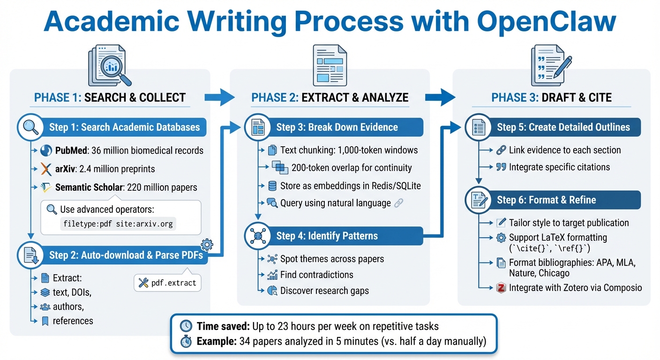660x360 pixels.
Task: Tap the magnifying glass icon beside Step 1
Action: (31, 127)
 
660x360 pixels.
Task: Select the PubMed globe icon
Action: (46, 150)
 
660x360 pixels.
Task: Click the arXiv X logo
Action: (46, 169)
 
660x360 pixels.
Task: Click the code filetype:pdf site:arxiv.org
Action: (118, 224)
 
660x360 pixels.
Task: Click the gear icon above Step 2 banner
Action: (207, 245)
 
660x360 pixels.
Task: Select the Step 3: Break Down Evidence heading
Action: (337, 127)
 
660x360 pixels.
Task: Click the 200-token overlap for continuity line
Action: (352, 167)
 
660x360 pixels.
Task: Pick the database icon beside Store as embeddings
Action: (272, 186)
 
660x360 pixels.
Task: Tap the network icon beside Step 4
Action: (258, 235)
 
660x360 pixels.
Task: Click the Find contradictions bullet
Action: (316, 275)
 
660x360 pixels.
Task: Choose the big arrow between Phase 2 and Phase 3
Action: (440, 97)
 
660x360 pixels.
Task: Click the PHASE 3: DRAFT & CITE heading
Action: (551, 97)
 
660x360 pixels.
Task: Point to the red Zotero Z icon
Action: (501, 288)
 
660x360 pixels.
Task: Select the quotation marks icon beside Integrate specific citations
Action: (501, 167)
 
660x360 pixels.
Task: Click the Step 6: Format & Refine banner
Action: (546, 200)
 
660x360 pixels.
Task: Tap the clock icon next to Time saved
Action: (186, 326)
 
